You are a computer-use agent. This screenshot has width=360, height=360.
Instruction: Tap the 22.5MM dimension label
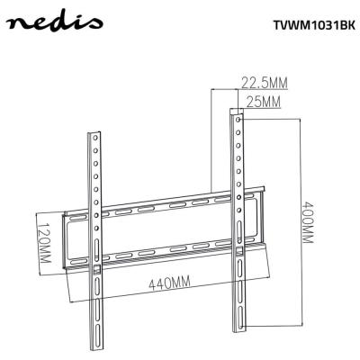coord(264,83)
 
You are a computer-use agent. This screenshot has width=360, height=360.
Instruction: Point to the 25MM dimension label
coord(261,102)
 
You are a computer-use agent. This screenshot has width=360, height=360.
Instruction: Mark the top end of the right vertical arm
coord(236,112)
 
